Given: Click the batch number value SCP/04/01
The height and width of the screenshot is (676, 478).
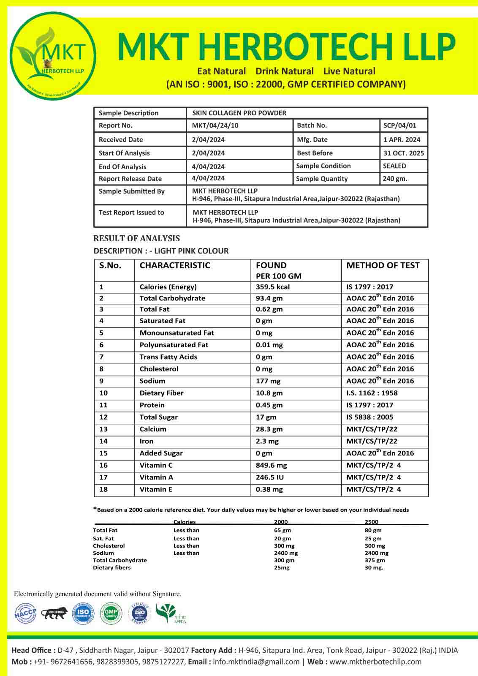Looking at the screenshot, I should coord(399,125).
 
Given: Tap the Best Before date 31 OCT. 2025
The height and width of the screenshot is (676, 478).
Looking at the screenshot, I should coord(403,153).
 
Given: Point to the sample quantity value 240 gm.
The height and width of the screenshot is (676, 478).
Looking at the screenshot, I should coord(395,179).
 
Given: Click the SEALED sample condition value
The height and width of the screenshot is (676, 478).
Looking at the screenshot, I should coord(394,166).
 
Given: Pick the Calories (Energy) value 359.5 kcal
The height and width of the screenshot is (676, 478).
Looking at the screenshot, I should coord(273,287).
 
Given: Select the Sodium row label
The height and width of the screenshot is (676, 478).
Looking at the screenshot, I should coord(152,381).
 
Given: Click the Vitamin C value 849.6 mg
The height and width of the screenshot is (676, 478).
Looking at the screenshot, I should coord(271,465).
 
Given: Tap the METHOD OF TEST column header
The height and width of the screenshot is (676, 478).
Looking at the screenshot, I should coord(383,265).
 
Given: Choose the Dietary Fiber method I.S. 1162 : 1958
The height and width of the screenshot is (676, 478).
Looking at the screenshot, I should coord(372,393).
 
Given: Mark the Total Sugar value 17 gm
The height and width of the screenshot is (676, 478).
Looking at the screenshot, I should coord(266,417).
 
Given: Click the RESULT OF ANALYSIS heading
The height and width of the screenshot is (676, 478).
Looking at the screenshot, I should coord(136,238).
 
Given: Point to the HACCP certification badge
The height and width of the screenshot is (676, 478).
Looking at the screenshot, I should coord(25,613).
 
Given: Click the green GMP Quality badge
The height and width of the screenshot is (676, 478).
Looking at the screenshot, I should coord(111,613).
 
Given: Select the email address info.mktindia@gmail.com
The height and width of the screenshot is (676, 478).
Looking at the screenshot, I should coord(256,662).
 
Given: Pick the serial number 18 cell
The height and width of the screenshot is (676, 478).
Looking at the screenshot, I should coord(103,489).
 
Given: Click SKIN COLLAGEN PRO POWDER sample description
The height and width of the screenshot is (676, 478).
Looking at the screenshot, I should coord(239,113).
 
